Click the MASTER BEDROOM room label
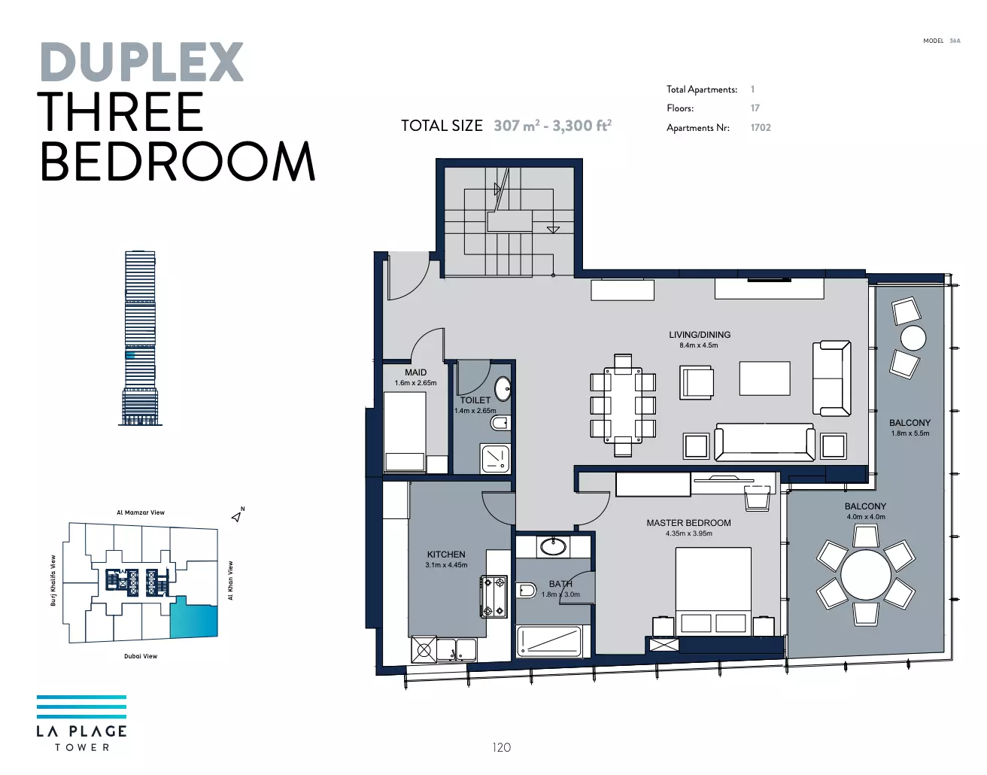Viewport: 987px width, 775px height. point(688,523)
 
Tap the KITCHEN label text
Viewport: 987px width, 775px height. point(446,555)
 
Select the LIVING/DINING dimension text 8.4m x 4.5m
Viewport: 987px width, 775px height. point(699,345)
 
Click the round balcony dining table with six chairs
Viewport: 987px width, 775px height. point(865,575)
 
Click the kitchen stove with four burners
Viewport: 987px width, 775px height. point(493,597)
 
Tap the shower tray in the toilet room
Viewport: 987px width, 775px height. point(495,458)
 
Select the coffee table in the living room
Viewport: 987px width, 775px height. point(764,378)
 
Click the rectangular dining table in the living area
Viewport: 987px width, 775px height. point(623,404)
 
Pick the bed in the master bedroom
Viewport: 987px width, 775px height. point(713,591)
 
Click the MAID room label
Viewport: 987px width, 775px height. point(415,372)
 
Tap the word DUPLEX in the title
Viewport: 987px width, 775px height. point(142,62)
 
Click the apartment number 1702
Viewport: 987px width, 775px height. point(761,128)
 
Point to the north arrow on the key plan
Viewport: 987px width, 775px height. point(237,517)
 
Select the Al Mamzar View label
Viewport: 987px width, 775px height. point(141,512)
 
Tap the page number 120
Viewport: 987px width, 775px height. point(502,747)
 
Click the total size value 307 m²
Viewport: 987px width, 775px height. point(517,126)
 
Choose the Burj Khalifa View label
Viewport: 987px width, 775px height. point(53,580)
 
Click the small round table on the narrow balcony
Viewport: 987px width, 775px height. point(913,339)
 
